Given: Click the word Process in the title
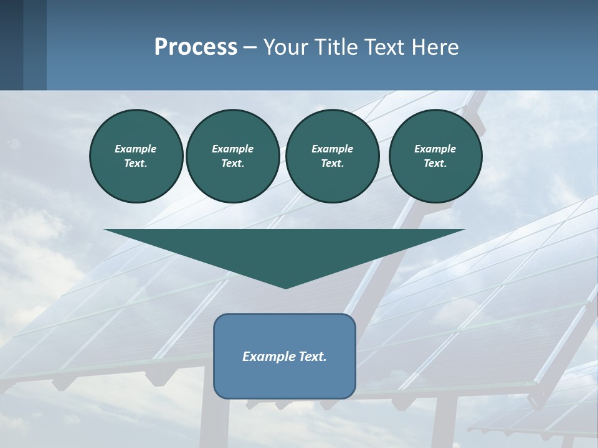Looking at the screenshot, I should coord(196,47).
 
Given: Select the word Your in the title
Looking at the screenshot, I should coord(287,47).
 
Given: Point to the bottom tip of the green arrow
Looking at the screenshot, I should coord(285,288).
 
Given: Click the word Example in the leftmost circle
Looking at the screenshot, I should coord(136,149).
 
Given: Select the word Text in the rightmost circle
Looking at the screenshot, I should coord(435,163).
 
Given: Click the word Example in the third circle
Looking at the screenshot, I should coord(332,149).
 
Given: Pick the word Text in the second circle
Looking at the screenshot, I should coord(232,163).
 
